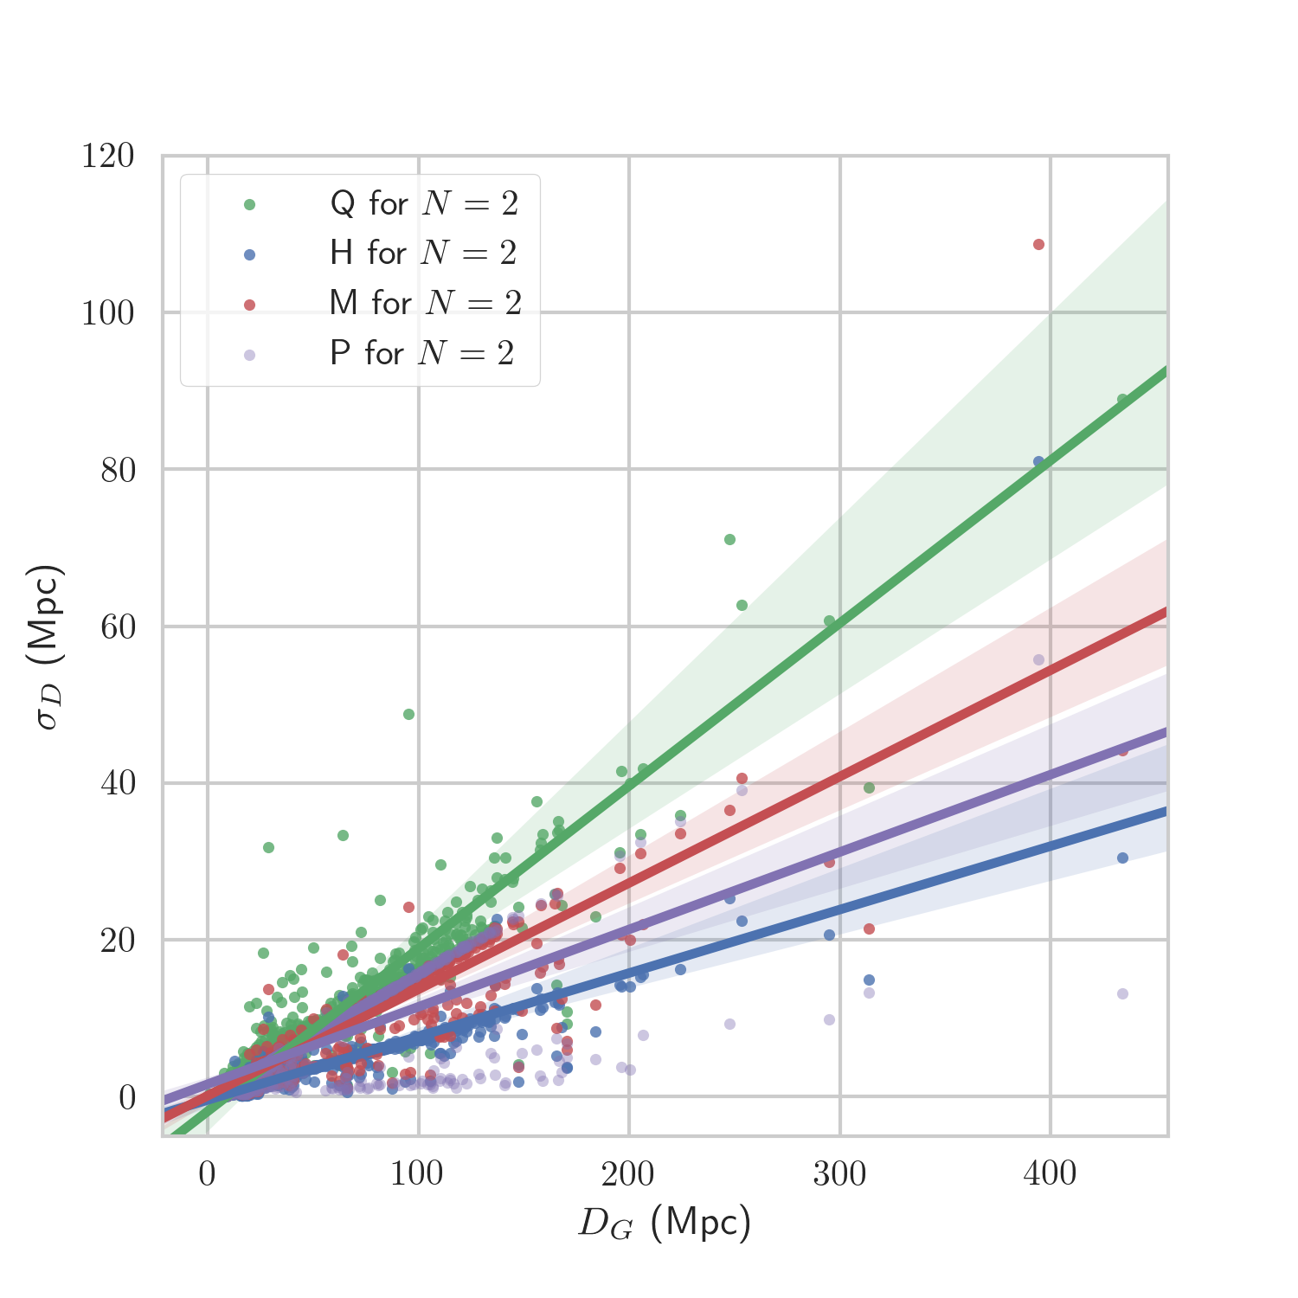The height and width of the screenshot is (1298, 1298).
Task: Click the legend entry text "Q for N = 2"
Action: point(424,204)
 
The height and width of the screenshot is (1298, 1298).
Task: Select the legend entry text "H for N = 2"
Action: point(423,254)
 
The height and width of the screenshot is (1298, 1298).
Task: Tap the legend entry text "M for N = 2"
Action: point(425,303)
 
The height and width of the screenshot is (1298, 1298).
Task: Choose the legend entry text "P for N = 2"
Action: point(422,353)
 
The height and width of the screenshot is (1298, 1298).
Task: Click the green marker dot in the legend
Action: point(250,205)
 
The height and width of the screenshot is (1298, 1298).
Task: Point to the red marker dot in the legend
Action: point(250,305)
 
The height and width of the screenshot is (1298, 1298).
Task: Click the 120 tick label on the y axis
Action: point(108,157)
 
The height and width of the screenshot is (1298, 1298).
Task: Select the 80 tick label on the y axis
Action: point(118,470)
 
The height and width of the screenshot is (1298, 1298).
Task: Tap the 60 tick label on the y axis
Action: point(118,627)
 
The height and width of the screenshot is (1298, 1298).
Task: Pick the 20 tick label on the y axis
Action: point(118,941)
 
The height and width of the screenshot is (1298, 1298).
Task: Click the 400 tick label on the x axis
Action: point(1050,1174)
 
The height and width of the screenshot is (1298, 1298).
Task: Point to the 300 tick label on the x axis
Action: point(839,1174)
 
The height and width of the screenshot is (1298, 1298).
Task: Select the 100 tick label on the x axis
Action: point(417,1174)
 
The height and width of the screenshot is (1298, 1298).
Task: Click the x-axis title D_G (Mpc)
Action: point(664,1223)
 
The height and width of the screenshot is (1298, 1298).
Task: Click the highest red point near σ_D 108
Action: point(1039,245)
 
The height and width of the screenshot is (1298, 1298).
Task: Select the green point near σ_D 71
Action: point(729,540)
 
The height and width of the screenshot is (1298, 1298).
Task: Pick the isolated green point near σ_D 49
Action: point(408,715)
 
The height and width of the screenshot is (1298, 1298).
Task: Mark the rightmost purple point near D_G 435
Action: point(1122,994)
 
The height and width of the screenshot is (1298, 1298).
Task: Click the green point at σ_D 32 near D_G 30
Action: point(268,848)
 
